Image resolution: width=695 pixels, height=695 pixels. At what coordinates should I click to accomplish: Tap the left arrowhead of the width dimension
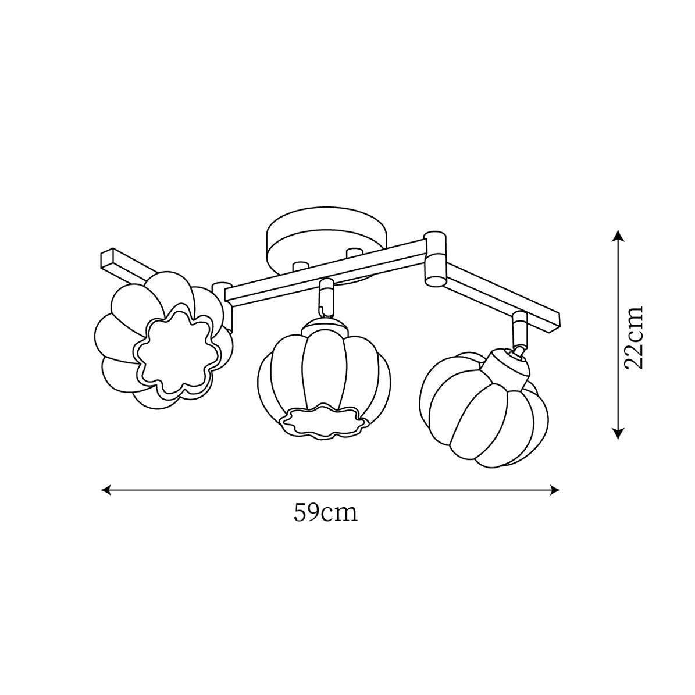coord(105,490)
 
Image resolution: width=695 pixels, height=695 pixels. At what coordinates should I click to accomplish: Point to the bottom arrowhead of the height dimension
coord(618,433)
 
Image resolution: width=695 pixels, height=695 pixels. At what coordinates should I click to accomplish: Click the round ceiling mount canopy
coord(325,236)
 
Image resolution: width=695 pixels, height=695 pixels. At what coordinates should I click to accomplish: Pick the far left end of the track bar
coord(108,259)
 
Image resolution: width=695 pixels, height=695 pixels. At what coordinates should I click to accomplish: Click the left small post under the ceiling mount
coord(300,267)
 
